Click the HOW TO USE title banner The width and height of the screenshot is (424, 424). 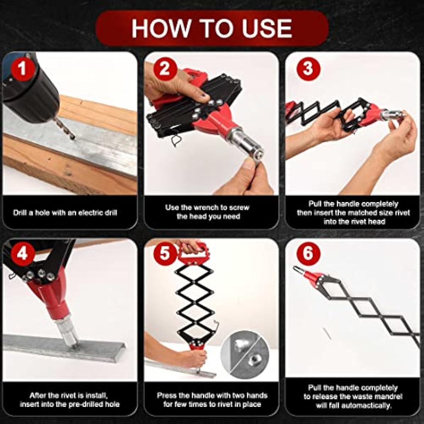pyautogui.click(x=212, y=28)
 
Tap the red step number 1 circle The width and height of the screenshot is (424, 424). pyautogui.click(x=22, y=69)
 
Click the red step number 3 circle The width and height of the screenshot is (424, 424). pyautogui.click(x=307, y=69)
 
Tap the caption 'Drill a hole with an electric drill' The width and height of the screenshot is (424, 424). pyautogui.click(x=65, y=212)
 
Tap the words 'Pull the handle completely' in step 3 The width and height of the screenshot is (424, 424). pyautogui.click(x=353, y=204)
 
